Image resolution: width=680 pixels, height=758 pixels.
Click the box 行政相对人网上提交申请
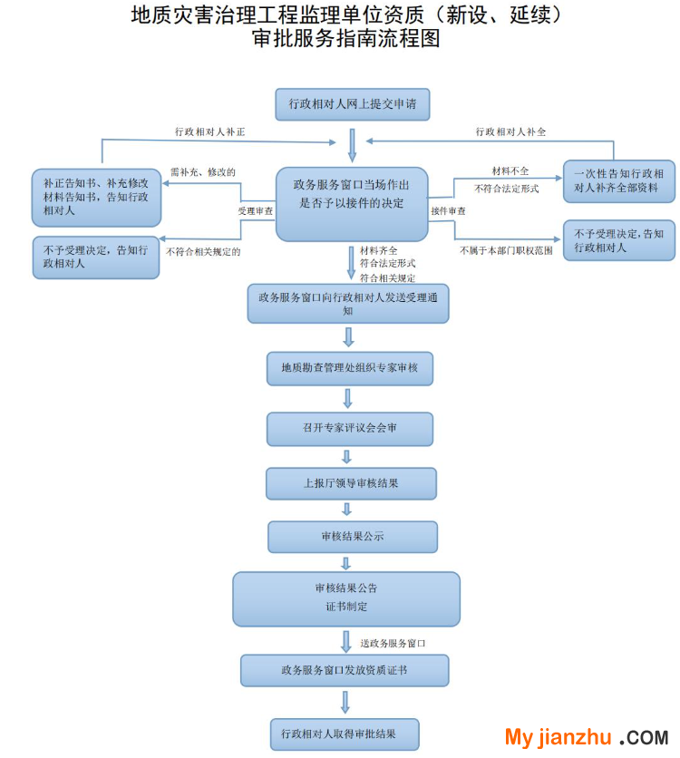(x=352, y=104)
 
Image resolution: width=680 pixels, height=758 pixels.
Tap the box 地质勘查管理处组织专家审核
(x=350, y=368)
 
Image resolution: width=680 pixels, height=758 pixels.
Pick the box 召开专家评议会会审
(x=350, y=429)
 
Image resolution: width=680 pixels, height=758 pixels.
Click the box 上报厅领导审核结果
(x=351, y=483)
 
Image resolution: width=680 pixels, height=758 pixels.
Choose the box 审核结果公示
(x=352, y=537)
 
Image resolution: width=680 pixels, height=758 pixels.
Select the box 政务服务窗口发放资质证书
(x=345, y=671)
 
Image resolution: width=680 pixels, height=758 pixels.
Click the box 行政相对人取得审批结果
(x=345, y=734)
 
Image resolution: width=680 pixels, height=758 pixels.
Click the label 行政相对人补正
(x=210, y=131)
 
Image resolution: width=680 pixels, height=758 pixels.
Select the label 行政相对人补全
(x=511, y=131)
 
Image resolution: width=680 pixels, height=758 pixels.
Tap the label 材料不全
(x=510, y=170)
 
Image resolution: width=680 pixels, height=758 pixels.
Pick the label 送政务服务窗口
(x=393, y=643)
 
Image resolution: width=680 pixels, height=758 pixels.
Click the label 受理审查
(x=256, y=211)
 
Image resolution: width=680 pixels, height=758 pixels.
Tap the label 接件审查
(x=449, y=211)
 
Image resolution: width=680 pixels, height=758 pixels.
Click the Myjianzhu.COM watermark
(x=586, y=737)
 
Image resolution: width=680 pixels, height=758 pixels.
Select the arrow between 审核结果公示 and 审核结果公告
(x=346, y=562)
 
